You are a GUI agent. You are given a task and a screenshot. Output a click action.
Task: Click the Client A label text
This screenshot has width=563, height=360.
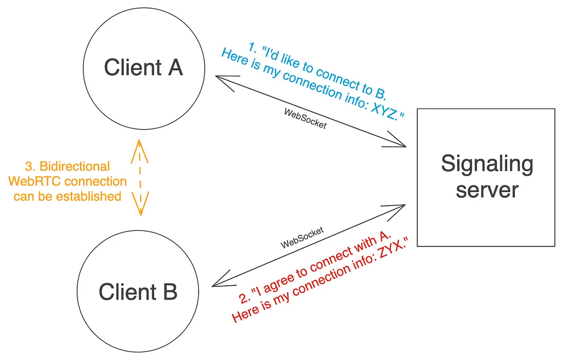[143, 67]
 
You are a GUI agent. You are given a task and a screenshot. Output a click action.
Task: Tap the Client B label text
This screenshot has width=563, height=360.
[138, 292]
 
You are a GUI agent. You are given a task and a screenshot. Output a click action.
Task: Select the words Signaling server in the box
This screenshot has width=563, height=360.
[487, 177]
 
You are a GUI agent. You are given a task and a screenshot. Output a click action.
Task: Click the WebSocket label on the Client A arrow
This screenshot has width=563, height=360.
[305, 118]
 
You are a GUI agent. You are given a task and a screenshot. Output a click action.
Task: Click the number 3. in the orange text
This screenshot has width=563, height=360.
[30, 166]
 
